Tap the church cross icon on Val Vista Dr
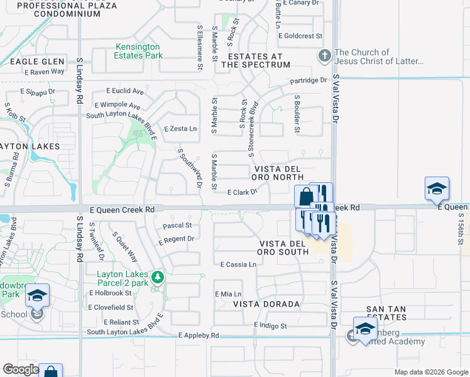pyautogui.click(x=324, y=55)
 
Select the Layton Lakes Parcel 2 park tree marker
pyautogui.click(x=160, y=276)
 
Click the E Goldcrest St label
pyautogui.click(x=300, y=36)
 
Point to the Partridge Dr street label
pyautogui.click(x=309, y=80)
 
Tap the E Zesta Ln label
pyautogui.click(x=180, y=129)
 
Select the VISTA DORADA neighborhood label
pyautogui.click(x=266, y=304)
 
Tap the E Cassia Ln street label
pyautogui.click(x=238, y=265)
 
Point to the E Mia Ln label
pyautogui.click(x=228, y=294)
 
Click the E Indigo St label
pyautogui.click(x=270, y=326)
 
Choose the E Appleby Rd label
pyautogui.click(x=199, y=336)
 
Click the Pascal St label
pyautogui.click(x=177, y=225)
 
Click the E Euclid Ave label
pyautogui.click(x=125, y=91)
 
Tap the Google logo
pyautogui.click(x=21, y=369)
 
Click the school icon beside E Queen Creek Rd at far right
pyautogui.click(x=437, y=188)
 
